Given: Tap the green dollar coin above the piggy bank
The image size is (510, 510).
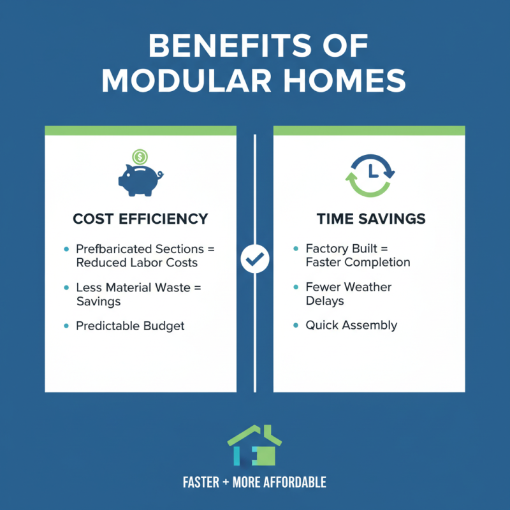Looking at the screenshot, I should pos(140,156).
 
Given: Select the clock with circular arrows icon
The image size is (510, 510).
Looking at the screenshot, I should pos(370,173).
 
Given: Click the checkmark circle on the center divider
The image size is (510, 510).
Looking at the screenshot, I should pos(255,259).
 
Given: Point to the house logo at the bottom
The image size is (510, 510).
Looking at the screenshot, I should pos(255,446).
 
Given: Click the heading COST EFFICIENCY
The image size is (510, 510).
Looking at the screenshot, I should pos(140,219).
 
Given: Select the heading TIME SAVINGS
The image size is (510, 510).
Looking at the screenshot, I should pos(371,219).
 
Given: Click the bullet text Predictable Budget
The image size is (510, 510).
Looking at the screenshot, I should pos(130,326).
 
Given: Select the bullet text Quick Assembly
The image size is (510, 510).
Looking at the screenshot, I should pos(351,325).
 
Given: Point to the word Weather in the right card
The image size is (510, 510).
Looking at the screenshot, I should pos(367,287).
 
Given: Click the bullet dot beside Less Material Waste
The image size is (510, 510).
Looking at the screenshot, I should pos(66,288).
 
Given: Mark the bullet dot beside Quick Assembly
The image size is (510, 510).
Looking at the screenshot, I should pos(296,326).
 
